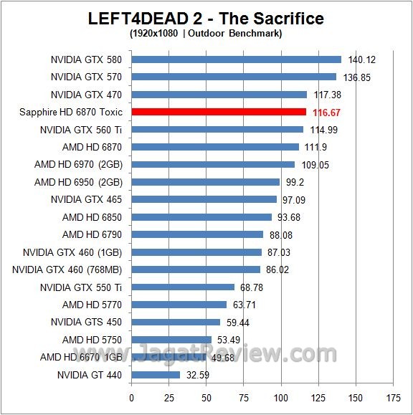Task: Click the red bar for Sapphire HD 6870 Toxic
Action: [219, 112]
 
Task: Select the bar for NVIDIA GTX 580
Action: [236, 59]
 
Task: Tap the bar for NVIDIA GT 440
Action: [156, 374]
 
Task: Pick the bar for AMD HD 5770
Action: [179, 305]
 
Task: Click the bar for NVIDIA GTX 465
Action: [204, 199]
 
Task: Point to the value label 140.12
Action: [362, 59]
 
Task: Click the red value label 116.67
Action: [327, 113]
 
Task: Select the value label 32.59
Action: [198, 375]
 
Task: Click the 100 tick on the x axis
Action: [281, 397]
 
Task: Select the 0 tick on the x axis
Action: [131, 397]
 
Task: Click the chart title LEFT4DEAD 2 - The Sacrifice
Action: [206, 18]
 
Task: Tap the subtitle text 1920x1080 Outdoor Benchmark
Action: [206, 33]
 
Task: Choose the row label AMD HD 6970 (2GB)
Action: [78, 165]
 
